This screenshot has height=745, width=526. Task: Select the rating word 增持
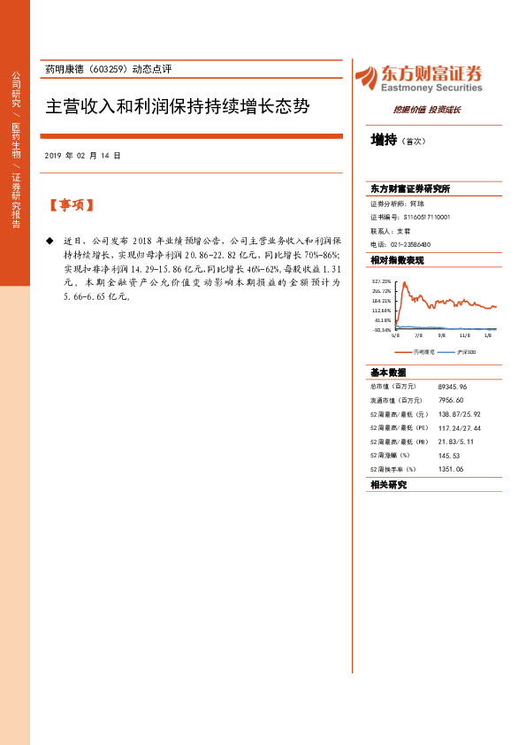[383, 139]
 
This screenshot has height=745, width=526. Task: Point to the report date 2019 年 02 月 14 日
[81, 156]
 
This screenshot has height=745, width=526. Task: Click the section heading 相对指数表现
[397, 260]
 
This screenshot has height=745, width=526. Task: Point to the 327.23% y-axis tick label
[382, 280]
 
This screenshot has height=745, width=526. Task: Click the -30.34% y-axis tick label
[382, 329]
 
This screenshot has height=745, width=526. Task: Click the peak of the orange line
[404, 283]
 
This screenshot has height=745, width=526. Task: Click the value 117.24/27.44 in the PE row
[459, 427]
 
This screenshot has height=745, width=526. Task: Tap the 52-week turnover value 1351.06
[451, 468]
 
